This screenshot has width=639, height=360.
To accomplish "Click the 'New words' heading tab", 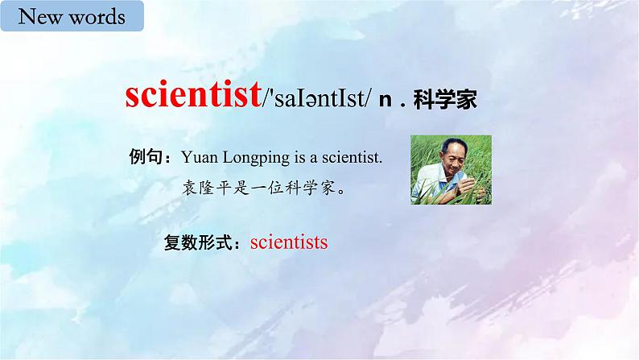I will (x=71, y=16).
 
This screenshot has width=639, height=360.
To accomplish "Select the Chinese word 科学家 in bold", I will (x=445, y=100).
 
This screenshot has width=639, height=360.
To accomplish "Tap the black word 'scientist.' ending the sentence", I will (x=350, y=156).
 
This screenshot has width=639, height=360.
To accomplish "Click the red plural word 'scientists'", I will (x=289, y=242).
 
